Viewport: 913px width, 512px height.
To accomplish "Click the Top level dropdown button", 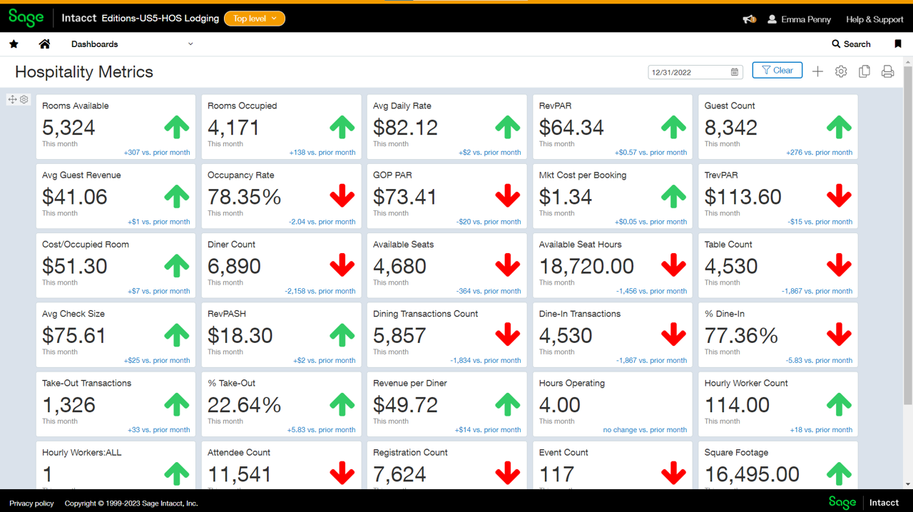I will click(x=255, y=19).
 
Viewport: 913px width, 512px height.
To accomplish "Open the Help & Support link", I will click(x=874, y=19).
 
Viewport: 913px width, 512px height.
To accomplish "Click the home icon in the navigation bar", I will click(x=44, y=44).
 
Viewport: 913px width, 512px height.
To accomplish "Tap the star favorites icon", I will click(x=14, y=44).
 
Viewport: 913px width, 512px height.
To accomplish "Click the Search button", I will click(x=851, y=44).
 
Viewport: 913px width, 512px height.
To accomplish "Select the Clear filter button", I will click(x=777, y=71).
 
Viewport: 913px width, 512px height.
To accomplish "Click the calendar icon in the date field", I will click(x=735, y=72).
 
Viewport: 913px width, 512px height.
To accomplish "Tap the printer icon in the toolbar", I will click(x=887, y=72).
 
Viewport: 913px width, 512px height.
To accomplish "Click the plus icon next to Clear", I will click(x=817, y=72).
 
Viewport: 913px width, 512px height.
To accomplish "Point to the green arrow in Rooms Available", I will click(x=177, y=128).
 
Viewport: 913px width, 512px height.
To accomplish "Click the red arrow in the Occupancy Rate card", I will click(x=342, y=196).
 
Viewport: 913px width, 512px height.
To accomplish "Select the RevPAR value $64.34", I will click(x=571, y=128).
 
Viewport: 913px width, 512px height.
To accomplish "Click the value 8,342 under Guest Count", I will click(x=731, y=128).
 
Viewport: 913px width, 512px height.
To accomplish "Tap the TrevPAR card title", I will click(x=721, y=175).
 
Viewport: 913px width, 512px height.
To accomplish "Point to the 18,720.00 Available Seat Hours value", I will click(x=586, y=267).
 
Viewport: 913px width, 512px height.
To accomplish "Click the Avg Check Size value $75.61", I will click(x=74, y=336).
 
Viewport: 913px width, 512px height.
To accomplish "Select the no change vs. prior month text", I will click(x=645, y=430).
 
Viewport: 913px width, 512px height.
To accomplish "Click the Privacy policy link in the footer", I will click(x=31, y=503).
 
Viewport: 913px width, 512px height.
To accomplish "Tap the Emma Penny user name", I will click(x=805, y=19).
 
